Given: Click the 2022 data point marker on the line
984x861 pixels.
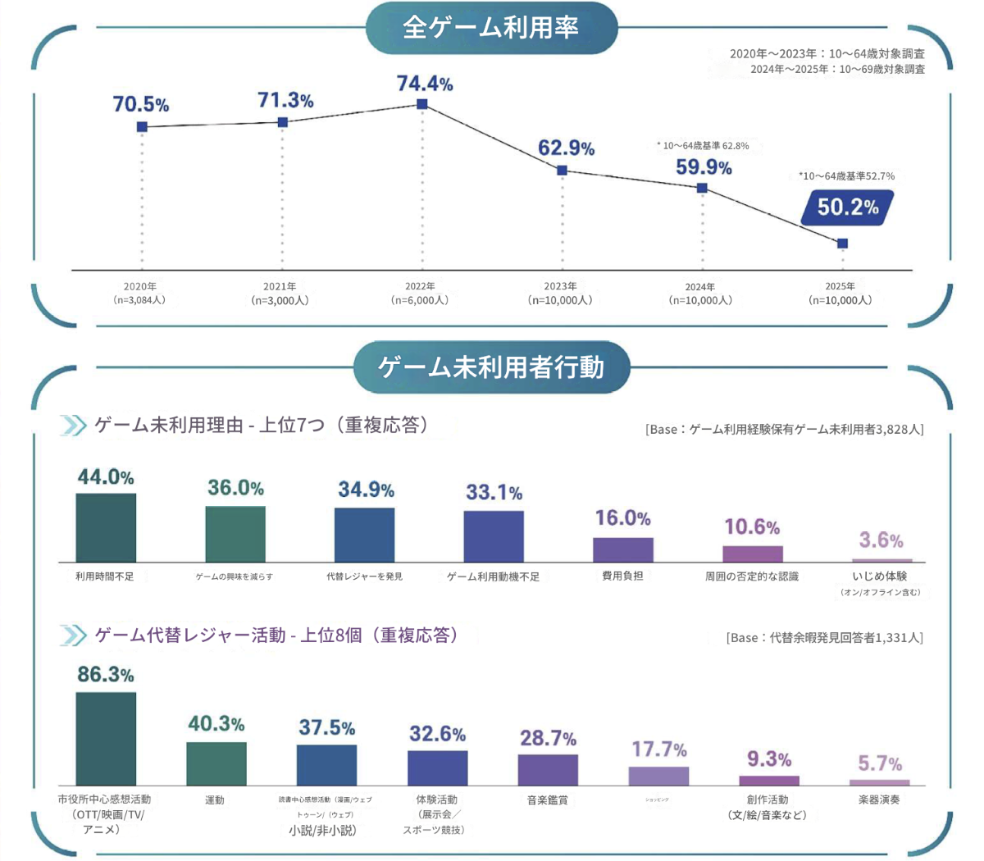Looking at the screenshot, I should tap(422, 104).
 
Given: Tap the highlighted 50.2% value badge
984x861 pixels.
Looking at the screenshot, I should tap(847, 207).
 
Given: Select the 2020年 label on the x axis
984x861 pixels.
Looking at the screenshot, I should tap(140, 286).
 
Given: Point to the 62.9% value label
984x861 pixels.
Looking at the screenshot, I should tap(566, 148).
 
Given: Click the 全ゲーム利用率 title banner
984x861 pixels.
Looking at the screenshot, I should tap(490, 28).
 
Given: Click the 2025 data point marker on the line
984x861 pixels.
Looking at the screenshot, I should tap(842, 244).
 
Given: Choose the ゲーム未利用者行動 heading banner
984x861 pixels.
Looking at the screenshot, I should tap(491, 367).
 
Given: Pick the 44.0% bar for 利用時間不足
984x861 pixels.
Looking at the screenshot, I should tap(106, 527).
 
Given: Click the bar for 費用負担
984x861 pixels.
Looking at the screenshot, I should tap(623, 549).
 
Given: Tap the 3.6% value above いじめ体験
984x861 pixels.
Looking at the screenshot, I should tap(881, 540).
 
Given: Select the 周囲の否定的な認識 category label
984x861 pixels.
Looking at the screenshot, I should tap(752, 576).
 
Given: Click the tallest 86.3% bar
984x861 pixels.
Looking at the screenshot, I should tap(106, 738).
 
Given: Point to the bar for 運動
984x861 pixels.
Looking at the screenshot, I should tap(216, 763).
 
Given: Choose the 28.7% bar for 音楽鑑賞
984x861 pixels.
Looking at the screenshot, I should tap(548, 769).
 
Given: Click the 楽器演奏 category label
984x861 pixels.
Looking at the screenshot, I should tap(879, 799).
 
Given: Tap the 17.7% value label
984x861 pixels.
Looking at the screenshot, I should tap(658, 749).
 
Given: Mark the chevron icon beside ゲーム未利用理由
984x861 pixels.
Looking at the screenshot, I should tap(73, 426).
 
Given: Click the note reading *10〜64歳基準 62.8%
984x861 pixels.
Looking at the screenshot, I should tap(703, 146).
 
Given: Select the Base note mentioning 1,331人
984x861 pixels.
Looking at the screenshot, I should tap(824, 637).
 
